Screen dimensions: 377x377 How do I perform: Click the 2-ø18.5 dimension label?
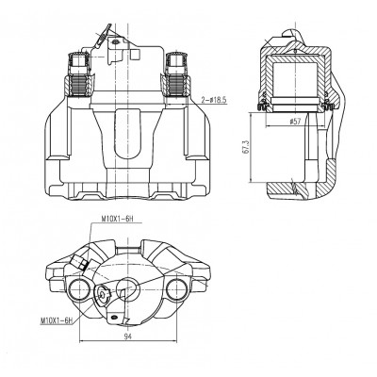pos(214,100)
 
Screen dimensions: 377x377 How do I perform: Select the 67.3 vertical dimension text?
pos(246,148)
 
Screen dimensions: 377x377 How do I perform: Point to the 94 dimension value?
pos(127,336)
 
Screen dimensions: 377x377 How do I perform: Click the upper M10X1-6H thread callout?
pos(117,219)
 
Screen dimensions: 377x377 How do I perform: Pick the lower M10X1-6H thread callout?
pos(57,320)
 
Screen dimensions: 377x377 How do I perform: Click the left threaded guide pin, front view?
pos(78,74)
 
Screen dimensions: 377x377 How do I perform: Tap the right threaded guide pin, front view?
pos(175,74)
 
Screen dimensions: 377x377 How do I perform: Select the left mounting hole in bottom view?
pos(78,289)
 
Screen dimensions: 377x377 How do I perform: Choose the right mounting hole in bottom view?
pos(176,289)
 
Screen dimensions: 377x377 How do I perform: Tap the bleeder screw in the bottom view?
pos(80,262)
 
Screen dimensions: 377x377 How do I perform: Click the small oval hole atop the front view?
pos(116,41)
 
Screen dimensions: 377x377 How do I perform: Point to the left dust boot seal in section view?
pos(263,104)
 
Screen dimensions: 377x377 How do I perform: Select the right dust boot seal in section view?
pos(328,104)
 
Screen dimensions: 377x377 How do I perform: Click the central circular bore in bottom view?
pos(127,290)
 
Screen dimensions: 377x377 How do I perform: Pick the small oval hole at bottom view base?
pos(114,317)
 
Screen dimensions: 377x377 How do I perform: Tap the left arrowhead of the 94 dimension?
pos(81,341)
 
